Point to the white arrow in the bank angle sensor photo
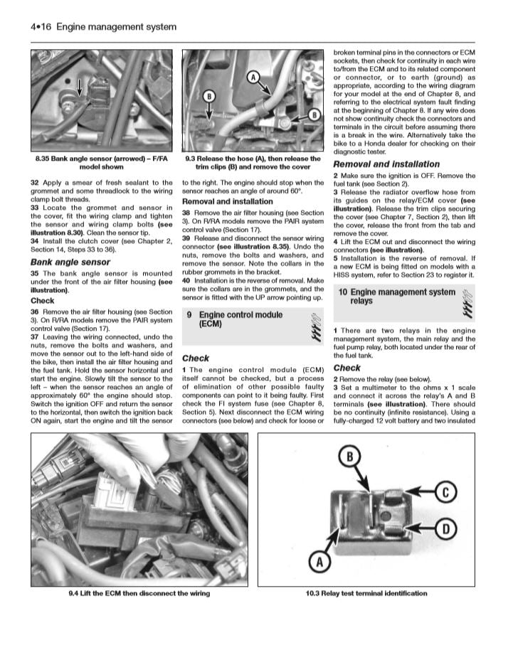79,87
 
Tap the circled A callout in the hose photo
253,76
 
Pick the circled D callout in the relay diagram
443,528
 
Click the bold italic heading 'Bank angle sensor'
70,262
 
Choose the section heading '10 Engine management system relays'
396,297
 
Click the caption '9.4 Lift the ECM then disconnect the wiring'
139,593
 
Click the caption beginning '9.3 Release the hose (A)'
253,163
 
